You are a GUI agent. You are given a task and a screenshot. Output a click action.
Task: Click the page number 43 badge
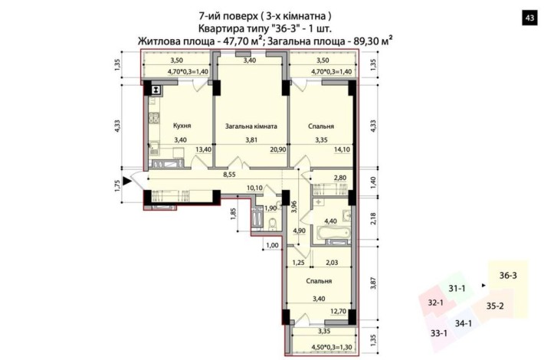[528, 18]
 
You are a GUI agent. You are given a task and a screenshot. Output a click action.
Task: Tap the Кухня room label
[182, 126]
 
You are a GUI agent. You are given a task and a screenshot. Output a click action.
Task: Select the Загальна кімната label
[251, 126]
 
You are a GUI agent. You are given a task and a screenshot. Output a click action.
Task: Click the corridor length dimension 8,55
[228, 175]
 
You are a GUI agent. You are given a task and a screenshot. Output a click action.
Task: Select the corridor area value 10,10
[254, 188]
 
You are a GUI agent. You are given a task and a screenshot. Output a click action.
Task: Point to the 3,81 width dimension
[251, 140]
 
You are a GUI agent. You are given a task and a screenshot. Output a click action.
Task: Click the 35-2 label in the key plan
[495, 306]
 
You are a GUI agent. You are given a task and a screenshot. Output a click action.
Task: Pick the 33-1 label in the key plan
[439, 333]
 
